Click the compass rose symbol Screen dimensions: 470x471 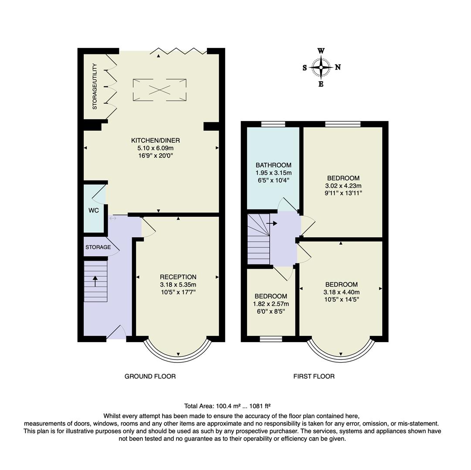321,67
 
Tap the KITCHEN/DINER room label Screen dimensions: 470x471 156,140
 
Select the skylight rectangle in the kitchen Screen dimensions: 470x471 159,90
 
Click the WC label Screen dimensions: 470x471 94,210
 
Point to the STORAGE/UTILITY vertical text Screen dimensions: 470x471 95,86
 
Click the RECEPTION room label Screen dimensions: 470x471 178,277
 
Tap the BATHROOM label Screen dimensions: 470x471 273,165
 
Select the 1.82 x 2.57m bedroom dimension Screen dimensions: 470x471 271,304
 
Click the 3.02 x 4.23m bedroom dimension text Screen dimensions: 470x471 343,185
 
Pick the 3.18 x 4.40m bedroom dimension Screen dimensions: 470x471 341,292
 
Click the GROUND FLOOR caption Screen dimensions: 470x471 150,376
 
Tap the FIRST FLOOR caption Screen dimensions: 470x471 314,376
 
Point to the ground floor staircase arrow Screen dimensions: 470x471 95,281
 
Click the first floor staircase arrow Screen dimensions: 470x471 272,223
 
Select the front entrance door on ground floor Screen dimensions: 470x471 116,332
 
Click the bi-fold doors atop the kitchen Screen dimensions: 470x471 179,51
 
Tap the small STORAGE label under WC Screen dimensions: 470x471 98,247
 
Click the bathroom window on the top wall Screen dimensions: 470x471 273,124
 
